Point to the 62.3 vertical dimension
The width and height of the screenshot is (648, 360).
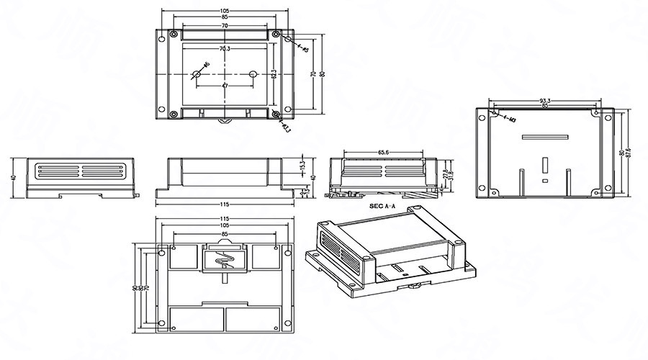coord(274,74)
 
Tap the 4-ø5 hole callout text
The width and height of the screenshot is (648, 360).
coord(301,48)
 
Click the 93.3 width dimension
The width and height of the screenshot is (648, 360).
coord(545,101)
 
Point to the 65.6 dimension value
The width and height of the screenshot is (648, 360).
coord(384,153)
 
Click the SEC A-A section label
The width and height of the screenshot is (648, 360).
coord(384,205)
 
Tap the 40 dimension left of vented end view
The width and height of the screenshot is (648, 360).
coord(13,177)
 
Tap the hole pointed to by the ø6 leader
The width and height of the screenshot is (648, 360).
coord(195,74)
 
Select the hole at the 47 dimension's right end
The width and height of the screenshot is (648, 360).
coord(253,74)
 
